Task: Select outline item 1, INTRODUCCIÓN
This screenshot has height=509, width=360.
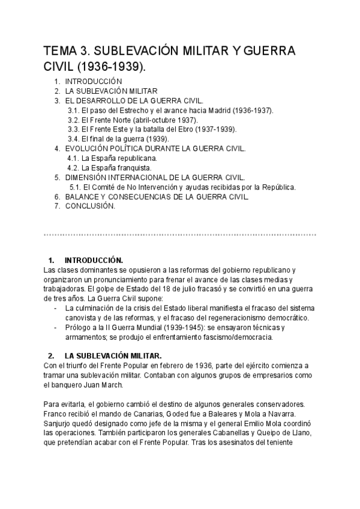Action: tap(93, 81)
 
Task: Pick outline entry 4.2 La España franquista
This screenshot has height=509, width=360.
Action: tap(116, 168)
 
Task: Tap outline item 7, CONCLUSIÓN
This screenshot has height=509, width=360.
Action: tap(89, 206)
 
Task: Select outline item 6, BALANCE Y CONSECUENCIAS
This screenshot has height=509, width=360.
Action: tap(157, 197)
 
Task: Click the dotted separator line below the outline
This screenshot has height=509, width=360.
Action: tap(180, 233)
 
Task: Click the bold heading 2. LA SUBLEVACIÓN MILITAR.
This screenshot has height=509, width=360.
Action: tap(112, 356)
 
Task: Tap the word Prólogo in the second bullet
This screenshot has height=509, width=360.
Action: tap(78, 327)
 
